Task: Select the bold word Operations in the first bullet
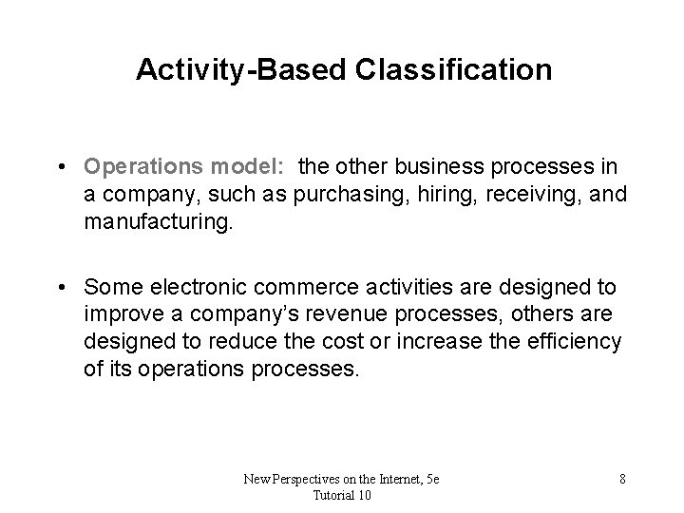coord(140,167)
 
